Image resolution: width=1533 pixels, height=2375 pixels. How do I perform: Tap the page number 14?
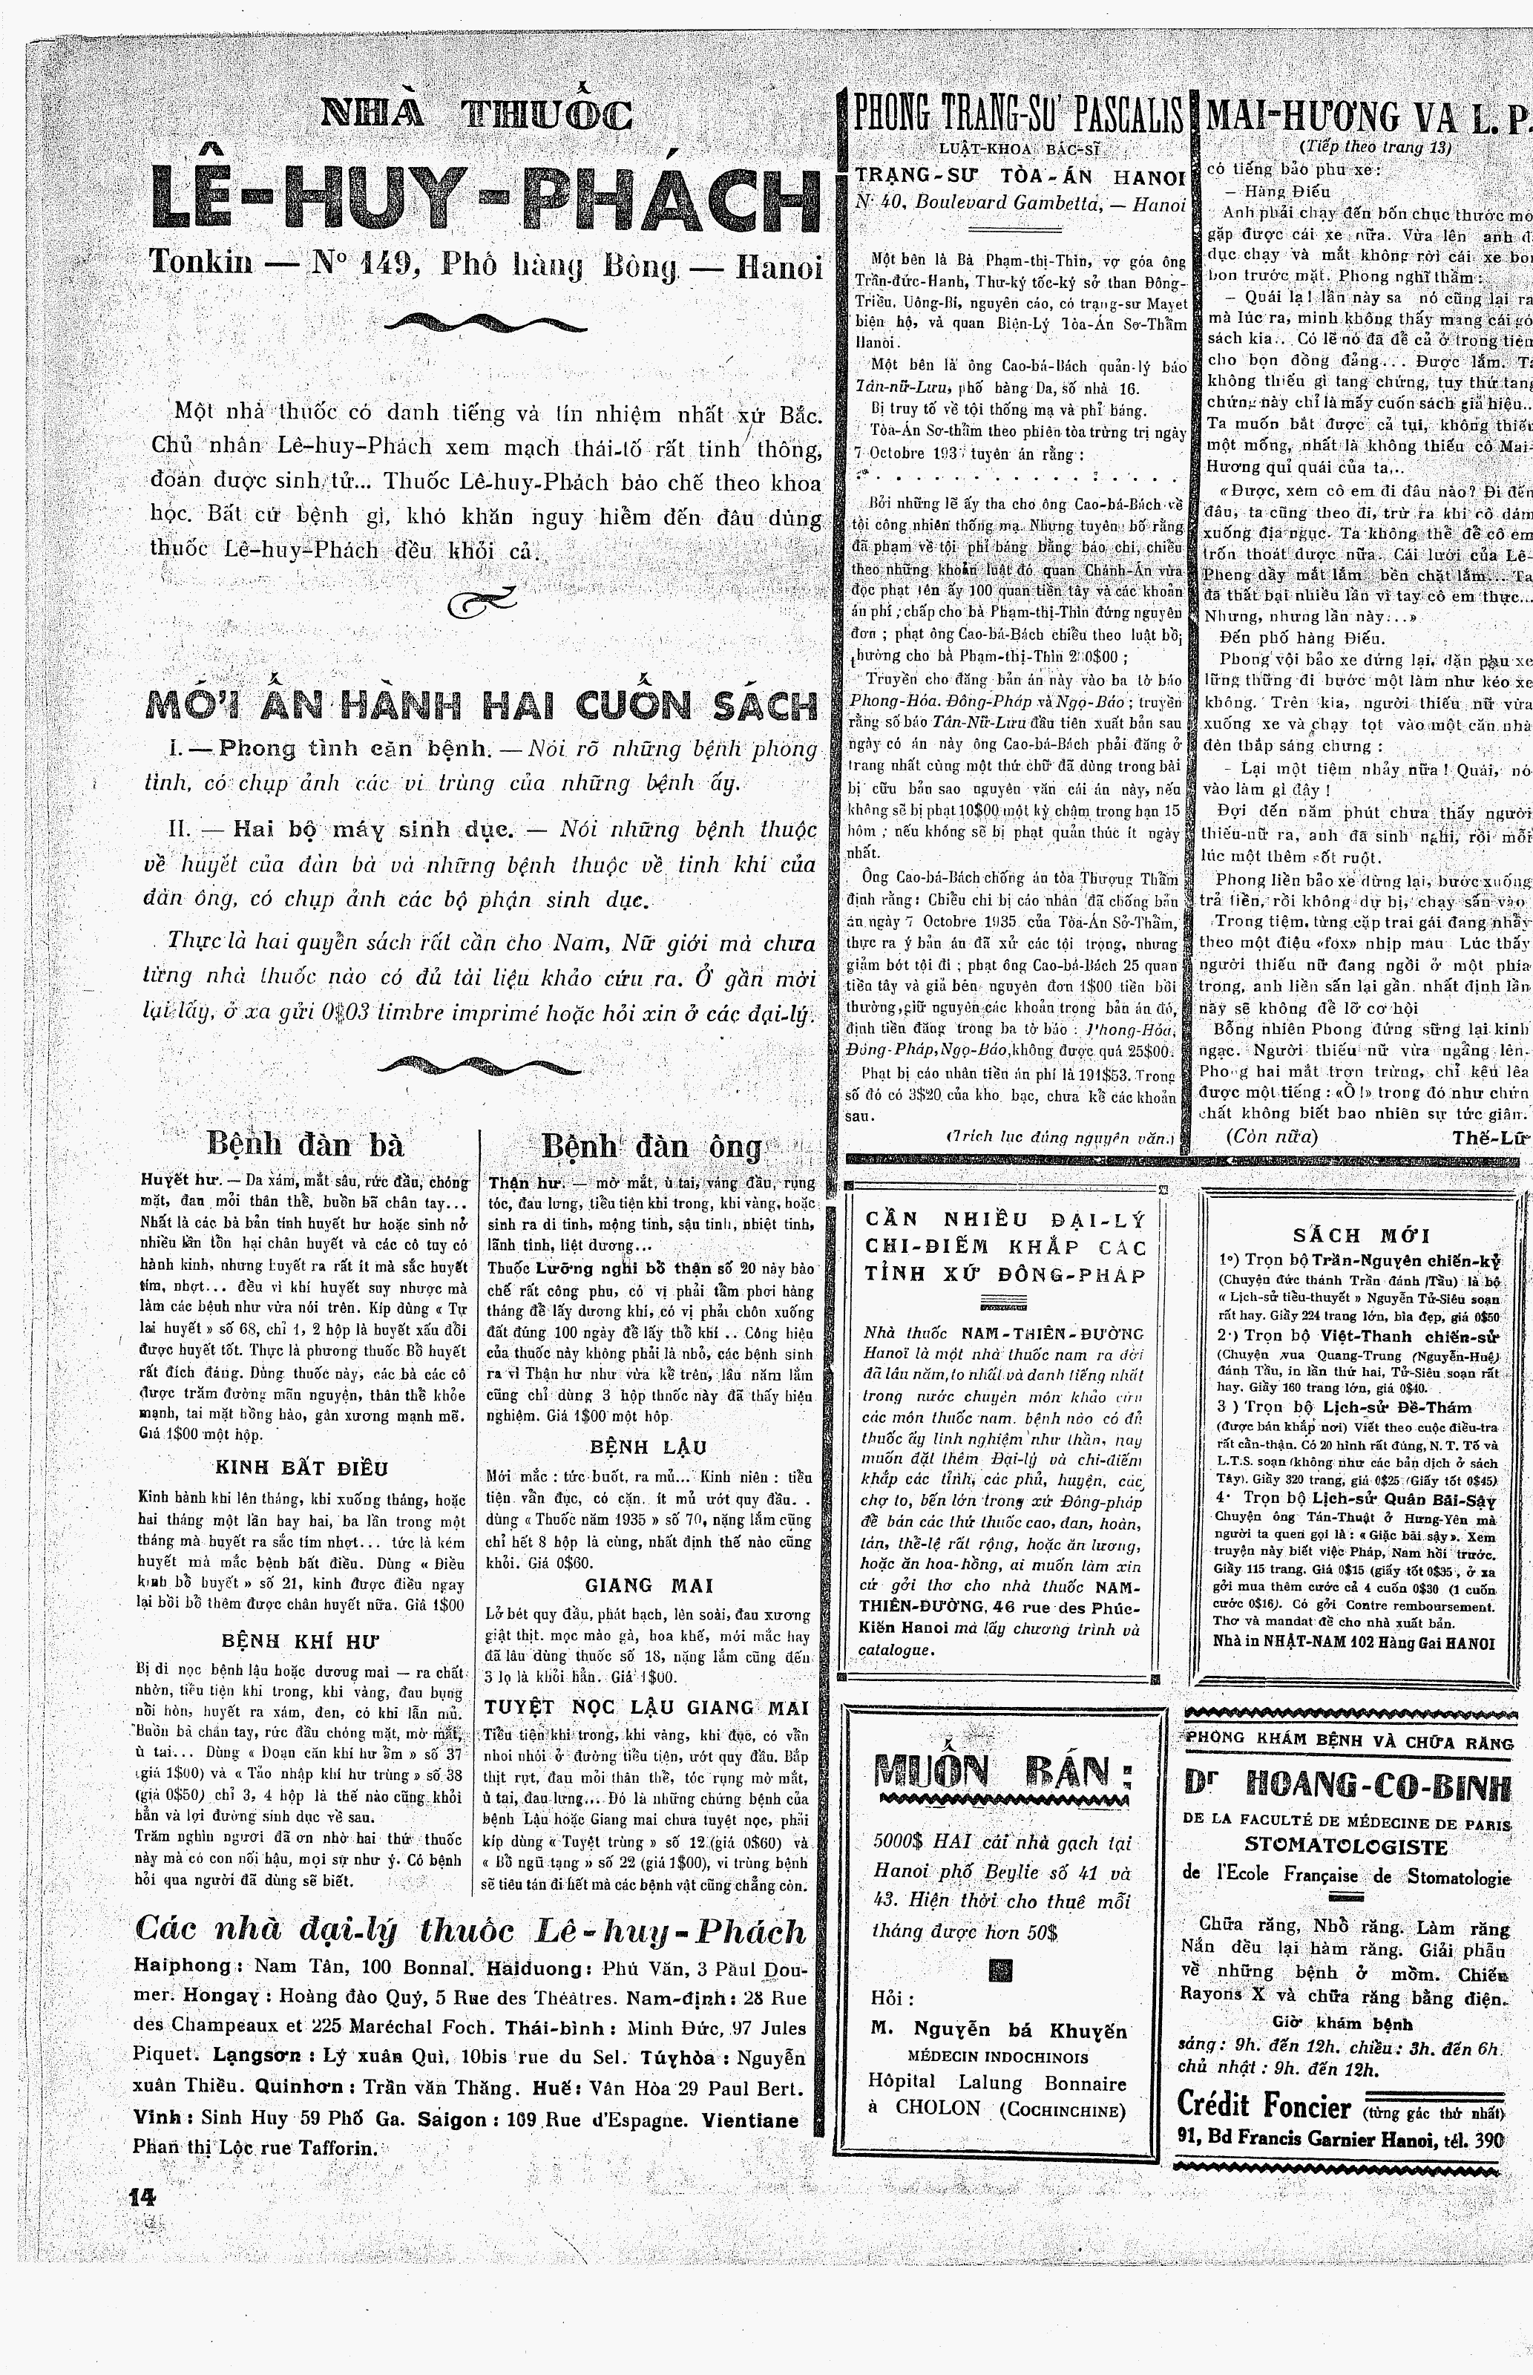tap(143, 2197)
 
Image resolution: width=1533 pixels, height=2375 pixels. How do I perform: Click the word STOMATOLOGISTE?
tap(1346, 1847)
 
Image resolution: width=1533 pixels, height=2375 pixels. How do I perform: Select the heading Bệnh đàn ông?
tap(652, 1147)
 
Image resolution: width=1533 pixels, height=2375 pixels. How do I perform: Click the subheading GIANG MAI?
tap(649, 1585)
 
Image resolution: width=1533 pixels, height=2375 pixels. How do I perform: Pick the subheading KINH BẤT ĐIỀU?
tap(301, 1467)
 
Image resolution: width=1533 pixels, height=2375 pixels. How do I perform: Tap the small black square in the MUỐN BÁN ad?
tap(1002, 1970)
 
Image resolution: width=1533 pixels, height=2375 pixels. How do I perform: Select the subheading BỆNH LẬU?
tap(648, 1447)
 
